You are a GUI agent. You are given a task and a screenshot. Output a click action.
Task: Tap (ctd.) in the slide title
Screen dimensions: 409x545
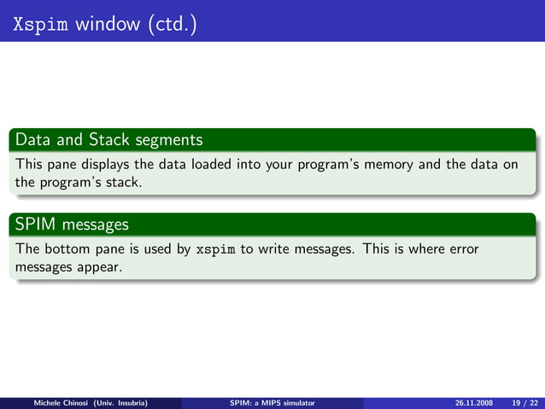click(173, 24)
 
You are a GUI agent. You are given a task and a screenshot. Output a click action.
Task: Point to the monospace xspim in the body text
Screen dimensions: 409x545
click(216, 250)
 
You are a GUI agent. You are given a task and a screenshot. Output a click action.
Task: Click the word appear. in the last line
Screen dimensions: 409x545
click(103, 267)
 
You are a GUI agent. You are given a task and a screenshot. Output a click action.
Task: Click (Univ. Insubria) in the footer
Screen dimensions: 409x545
click(119, 401)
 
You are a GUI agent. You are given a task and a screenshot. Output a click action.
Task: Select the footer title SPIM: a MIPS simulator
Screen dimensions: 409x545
click(272, 401)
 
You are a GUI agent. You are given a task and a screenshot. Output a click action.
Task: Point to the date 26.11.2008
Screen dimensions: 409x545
click(470, 401)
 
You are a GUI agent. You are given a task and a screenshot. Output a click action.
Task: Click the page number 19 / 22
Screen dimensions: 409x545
click(522, 401)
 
